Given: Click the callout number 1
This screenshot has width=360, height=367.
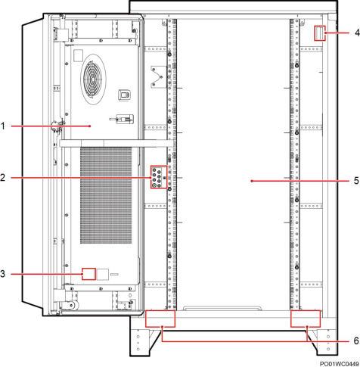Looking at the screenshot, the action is [3, 126].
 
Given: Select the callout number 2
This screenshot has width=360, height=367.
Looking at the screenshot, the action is [3, 178].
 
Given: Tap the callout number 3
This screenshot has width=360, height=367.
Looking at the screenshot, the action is [3, 274].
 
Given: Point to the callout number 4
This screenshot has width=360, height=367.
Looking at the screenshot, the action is [357, 33].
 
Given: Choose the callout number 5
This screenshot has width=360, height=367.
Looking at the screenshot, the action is [356, 181].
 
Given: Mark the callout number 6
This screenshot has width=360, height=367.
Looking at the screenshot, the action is [356, 341].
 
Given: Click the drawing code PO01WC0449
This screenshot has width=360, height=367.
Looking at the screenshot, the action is [340, 364].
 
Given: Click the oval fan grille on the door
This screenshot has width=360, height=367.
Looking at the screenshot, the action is [93, 79].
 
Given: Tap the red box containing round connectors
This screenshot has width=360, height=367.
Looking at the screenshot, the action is [159, 177].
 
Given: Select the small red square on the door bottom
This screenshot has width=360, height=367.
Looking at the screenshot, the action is [88, 274].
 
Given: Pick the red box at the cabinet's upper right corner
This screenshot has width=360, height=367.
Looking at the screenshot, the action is [320, 33].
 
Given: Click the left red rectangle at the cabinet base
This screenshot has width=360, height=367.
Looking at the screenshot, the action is [160, 319].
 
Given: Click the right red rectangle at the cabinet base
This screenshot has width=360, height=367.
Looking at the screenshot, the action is [306, 319].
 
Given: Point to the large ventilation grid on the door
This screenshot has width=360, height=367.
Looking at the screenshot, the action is [106, 195].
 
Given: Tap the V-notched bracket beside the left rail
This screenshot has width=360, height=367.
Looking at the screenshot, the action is [158, 77].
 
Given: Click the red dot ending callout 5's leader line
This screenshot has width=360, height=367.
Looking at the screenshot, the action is [252, 181].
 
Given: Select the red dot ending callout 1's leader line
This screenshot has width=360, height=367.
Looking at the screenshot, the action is [90, 126].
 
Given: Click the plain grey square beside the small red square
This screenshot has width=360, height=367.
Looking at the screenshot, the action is [103, 275].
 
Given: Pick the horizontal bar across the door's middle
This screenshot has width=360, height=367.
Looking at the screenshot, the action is [116, 143].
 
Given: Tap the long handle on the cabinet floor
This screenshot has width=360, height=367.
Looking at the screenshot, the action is [222, 308].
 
